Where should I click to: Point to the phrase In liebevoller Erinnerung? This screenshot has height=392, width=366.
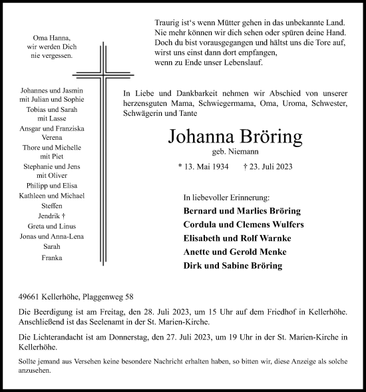point(227,198)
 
